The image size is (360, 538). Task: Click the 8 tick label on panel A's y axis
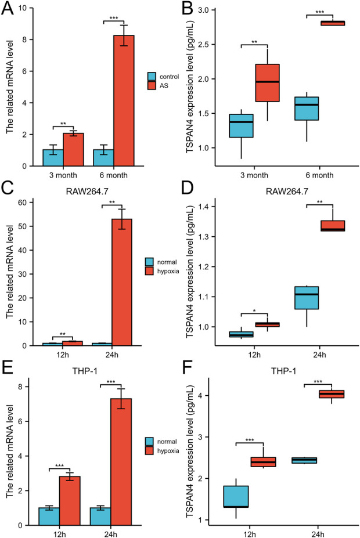[x=21, y=39]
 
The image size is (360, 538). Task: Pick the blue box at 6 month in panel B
[x=316, y=109]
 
